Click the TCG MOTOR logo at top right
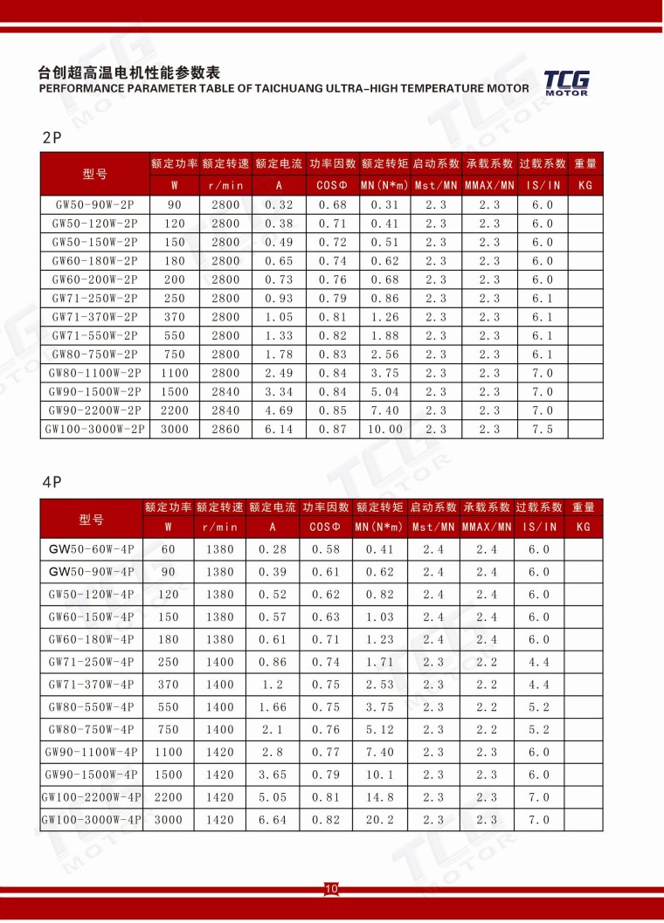pyautogui.click(x=566, y=82)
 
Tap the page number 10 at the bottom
pyautogui.click(x=331, y=889)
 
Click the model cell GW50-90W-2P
pyautogui.click(x=94, y=204)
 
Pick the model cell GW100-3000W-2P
pyautogui.click(x=94, y=429)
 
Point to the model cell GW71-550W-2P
pyautogui.click(x=94, y=335)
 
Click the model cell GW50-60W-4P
pyautogui.click(x=92, y=549)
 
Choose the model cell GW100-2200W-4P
pyautogui.click(x=92, y=797)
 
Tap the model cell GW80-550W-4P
pyautogui.click(x=92, y=707)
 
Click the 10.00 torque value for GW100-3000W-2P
pyautogui.click(x=384, y=429)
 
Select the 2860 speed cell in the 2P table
pyautogui.click(x=225, y=429)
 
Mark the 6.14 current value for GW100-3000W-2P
pyautogui.click(x=279, y=429)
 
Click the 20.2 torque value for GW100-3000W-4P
pyautogui.click(x=380, y=820)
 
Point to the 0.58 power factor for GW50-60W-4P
pyautogui.click(x=327, y=549)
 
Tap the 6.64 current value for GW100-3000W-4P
pyautogui.click(x=273, y=820)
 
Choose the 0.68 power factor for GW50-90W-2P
pyautogui.click(x=332, y=204)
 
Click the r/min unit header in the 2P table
pyautogui.click(x=225, y=185)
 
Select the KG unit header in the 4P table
pyautogui.click(x=584, y=527)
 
